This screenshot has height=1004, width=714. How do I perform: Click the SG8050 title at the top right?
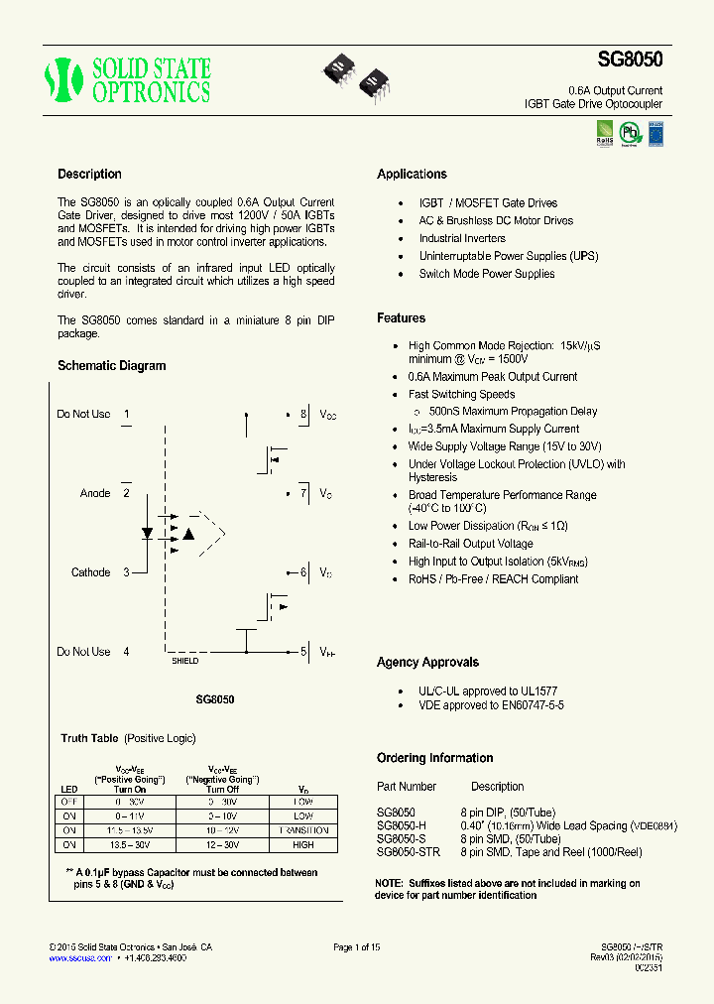point(630,59)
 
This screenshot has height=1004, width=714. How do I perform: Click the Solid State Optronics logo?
point(128,80)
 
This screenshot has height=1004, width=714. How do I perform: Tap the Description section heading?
point(89,175)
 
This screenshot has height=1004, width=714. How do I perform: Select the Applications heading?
point(412,175)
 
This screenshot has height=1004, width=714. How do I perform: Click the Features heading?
point(401,318)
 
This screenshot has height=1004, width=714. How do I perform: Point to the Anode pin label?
point(95,493)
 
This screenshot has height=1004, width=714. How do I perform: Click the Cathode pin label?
point(91,572)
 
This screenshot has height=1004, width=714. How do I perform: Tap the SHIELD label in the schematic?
point(184,661)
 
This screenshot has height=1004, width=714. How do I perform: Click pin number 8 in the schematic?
point(303,414)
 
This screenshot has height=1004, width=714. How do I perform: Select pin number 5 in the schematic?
point(303,652)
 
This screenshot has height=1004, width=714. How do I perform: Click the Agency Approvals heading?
point(427,663)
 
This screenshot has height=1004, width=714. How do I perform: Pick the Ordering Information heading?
point(434,758)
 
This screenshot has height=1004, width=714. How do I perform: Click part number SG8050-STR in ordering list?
point(409,852)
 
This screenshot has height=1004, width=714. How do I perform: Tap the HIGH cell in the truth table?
point(303,845)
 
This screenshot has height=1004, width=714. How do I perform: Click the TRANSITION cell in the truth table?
point(303,830)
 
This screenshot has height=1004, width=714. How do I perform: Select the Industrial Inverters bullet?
point(462,238)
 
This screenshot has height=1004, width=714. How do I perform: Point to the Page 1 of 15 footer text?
point(357,947)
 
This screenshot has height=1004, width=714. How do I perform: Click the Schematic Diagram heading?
point(112,366)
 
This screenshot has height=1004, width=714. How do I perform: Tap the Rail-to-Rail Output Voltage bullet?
point(470,544)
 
